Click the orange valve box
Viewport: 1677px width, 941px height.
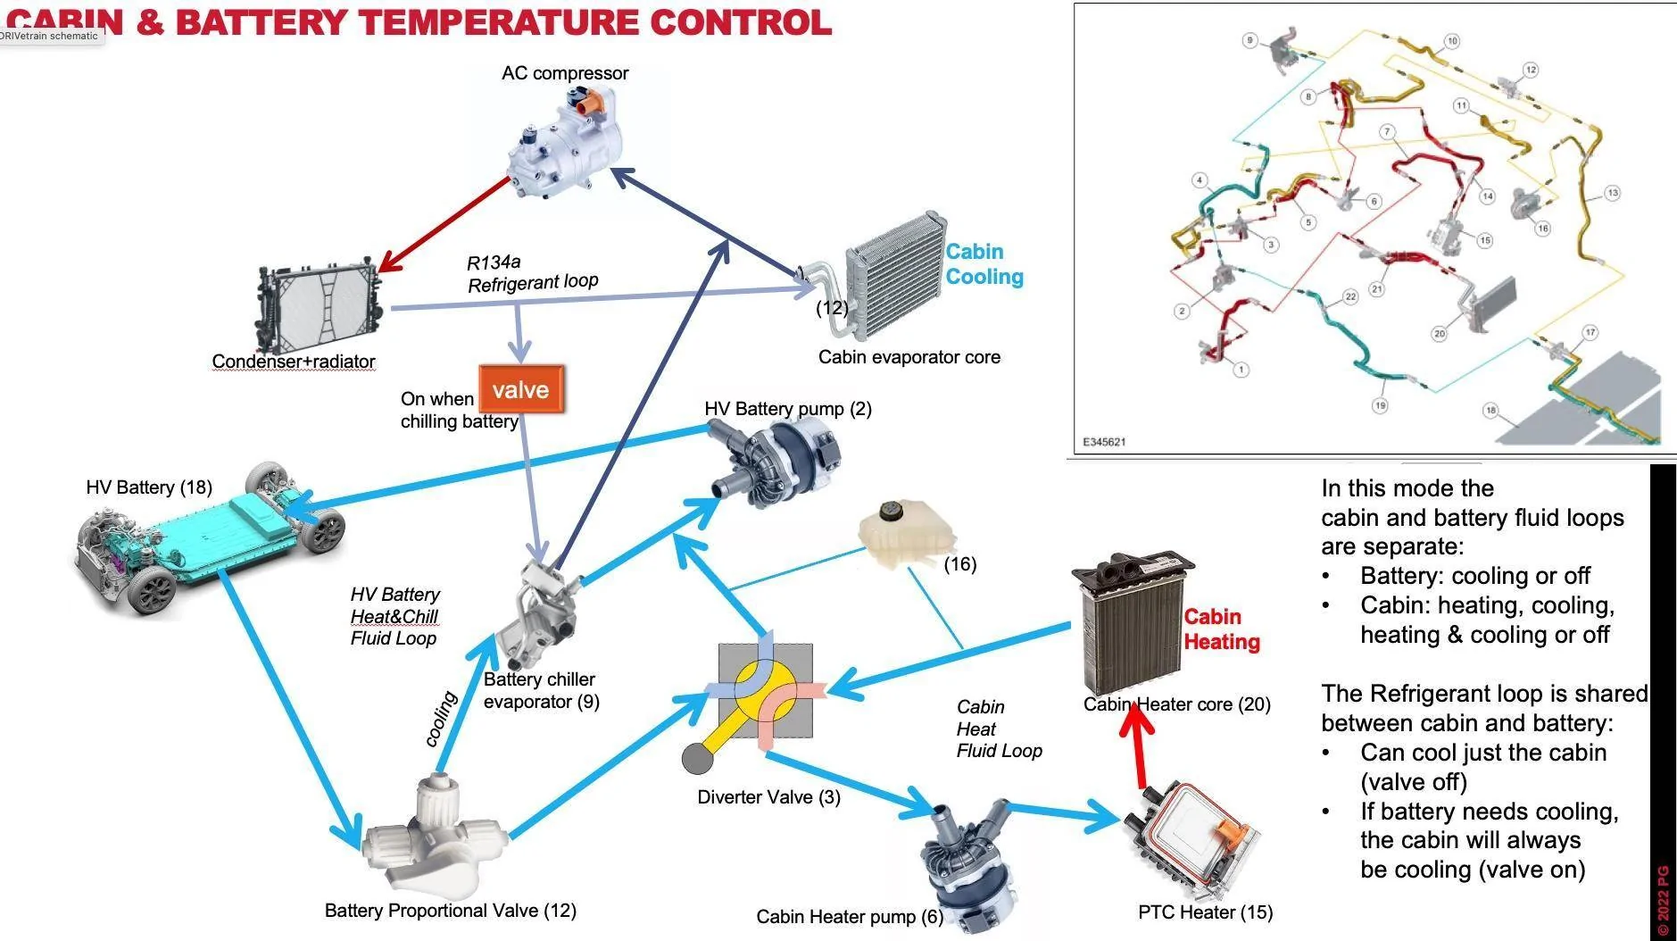[521, 389]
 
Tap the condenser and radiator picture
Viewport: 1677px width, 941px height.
[320, 307]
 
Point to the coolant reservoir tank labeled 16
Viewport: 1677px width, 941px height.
[903, 536]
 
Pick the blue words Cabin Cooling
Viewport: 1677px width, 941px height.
[984, 264]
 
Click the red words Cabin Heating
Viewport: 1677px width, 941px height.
[1221, 629]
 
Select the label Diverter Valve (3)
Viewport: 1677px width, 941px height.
[768, 797]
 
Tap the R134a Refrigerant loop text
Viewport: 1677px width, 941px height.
[531, 273]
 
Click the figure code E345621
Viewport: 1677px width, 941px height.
[1104, 442]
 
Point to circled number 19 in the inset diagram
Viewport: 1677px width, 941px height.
[1380, 405]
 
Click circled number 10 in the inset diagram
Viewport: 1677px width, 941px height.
[1452, 41]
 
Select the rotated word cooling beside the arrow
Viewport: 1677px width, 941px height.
[441, 718]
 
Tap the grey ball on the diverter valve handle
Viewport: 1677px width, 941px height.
[697, 759]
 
